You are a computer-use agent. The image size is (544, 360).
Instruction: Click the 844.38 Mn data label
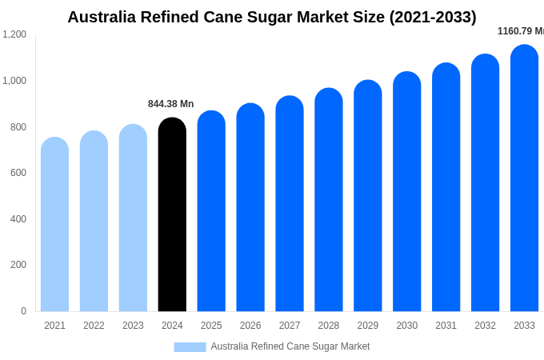[x=170, y=104]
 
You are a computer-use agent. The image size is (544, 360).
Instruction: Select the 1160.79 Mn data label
[x=520, y=31]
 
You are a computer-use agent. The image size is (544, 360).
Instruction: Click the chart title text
[x=272, y=17]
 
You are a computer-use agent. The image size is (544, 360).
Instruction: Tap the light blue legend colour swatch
[x=190, y=346]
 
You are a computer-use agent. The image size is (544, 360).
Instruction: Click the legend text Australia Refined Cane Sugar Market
[x=290, y=346]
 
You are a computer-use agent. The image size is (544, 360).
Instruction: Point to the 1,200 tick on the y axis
[x=14, y=34]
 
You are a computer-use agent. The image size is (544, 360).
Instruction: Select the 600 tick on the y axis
[x=18, y=173]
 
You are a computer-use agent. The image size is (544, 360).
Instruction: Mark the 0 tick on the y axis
[x=23, y=311]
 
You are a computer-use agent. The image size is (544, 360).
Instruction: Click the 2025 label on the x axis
[x=211, y=326]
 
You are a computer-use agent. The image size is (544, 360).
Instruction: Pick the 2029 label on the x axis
[x=367, y=326]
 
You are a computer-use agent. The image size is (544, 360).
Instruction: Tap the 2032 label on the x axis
[x=485, y=326]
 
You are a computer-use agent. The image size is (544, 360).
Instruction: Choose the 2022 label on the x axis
[x=94, y=326]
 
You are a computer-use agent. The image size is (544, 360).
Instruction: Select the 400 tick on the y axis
[x=18, y=219]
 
